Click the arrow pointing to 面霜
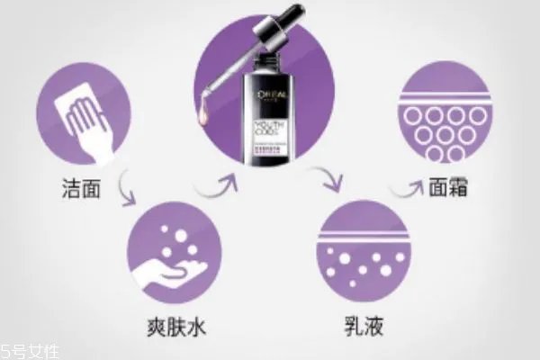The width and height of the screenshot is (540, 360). (407, 188)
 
